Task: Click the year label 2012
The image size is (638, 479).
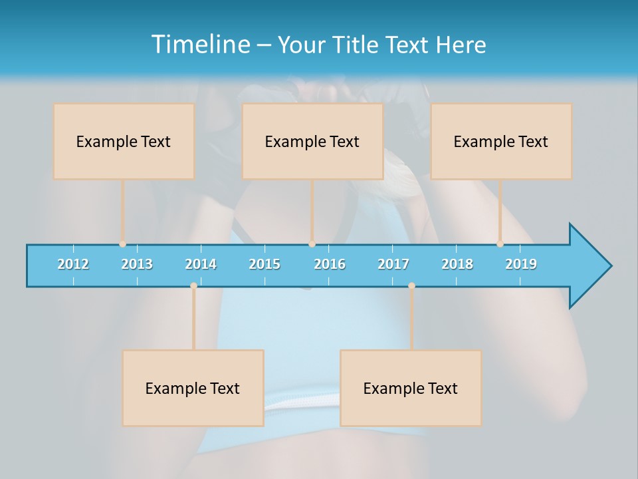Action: (x=73, y=264)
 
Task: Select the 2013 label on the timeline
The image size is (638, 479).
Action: (x=137, y=264)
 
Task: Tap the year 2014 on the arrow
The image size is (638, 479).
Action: (x=201, y=264)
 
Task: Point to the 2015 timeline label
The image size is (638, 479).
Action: (x=265, y=264)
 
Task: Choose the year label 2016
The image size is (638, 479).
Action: (x=330, y=264)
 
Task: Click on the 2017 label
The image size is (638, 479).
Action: (x=393, y=264)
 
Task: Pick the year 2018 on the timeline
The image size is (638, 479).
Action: (x=457, y=264)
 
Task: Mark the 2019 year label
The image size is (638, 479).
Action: (x=521, y=264)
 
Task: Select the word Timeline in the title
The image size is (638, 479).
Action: (x=199, y=45)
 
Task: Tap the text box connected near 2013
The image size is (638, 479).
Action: (x=124, y=141)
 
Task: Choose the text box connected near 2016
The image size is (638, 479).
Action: (x=312, y=141)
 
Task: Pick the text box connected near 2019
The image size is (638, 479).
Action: (x=501, y=141)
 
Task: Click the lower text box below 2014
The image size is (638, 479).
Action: (x=193, y=388)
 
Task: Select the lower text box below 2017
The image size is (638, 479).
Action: (x=411, y=388)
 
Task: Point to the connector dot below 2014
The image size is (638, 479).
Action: (x=193, y=285)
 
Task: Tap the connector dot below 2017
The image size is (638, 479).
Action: (x=411, y=285)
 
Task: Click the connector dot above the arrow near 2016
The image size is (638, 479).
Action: (x=312, y=244)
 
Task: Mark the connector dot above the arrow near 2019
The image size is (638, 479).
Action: (x=500, y=244)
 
